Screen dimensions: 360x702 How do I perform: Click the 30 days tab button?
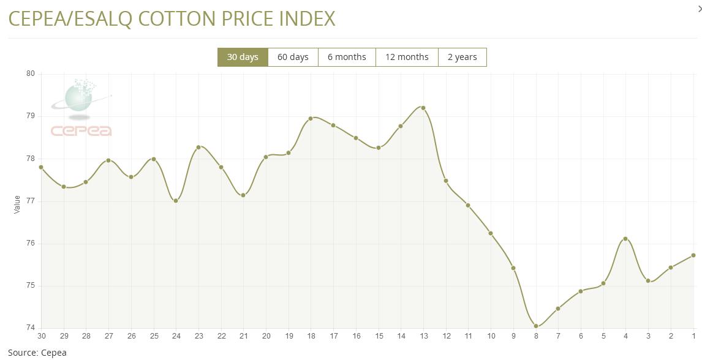pyautogui.click(x=243, y=57)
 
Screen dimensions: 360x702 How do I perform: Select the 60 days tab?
pyautogui.click(x=293, y=57)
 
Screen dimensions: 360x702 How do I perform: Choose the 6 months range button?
pyautogui.click(x=347, y=57)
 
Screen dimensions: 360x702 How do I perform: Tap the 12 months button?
pyautogui.click(x=407, y=57)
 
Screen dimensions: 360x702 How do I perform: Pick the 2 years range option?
pyautogui.click(x=462, y=57)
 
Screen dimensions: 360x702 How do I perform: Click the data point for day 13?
pyautogui.click(x=423, y=108)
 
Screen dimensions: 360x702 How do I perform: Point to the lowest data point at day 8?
pyautogui.click(x=536, y=326)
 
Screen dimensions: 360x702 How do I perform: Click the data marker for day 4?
pyautogui.click(x=625, y=239)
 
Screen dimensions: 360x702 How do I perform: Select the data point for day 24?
pyautogui.click(x=176, y=201)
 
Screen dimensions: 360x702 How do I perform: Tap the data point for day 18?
pyautogui.click(x=311, y=118)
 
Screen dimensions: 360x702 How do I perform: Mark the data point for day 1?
pyautogui.click(x=693, y=255)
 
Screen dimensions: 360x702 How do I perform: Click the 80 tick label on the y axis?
pyautogui.click(x=29, y=74)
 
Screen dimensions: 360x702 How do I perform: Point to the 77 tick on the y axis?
pyautogui.click(x=29, y=201)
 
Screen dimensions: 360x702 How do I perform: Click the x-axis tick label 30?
pyautogui.click(x=41, y=337)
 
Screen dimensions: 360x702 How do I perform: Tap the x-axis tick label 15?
pyautogui.click(x=379, y=337)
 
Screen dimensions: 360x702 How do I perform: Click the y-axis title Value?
pyautogui.click(x=17, y=204)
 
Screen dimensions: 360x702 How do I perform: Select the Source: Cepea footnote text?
pyautogui.click(x=37, y=353)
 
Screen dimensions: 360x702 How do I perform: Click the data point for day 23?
pyautogui.click(x=198, y=147)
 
